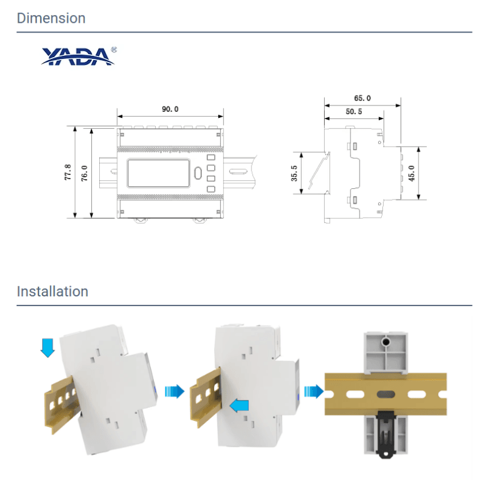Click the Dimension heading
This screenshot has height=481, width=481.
(x=51, y=18)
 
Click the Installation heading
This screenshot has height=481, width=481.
(x=52, y=292)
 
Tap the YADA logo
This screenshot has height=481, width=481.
(x=79, y=57)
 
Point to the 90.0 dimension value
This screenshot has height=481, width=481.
(x=170, y=109)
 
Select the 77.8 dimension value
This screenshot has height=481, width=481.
(x=68, y=172)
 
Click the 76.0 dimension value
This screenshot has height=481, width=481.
(x=84, y=173)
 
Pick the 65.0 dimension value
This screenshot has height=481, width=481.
(x=363, y=98)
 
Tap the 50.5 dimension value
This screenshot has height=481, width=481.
(x=354, y=112)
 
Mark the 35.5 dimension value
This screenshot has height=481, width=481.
(x=294, y=173)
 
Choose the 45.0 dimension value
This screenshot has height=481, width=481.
(x=411, y=173)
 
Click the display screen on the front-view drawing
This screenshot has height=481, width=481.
(x=158, y=173)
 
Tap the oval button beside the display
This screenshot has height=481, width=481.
(x=198, y=173)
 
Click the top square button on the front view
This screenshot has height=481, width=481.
(x=211, y=158)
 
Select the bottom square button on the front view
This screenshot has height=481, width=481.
(x=211, y=189)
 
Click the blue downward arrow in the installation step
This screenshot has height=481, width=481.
(x=47, y=348)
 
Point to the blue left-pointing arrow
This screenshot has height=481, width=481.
(x=239, y=406)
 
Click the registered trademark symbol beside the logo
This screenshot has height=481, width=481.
(x=114, y=50)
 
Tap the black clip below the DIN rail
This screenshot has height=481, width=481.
(x=386, y=434)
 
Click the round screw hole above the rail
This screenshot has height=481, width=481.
(x=385, y=342)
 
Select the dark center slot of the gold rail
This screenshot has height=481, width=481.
(x=385, y=394)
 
